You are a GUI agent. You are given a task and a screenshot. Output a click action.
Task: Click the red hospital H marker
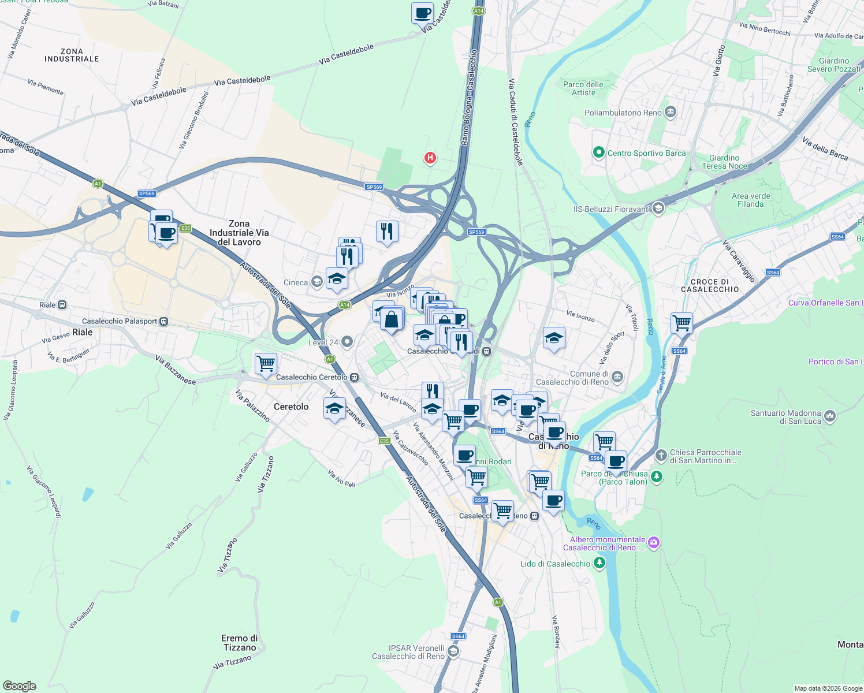(430, 158)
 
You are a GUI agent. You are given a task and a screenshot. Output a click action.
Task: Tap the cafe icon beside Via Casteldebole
(422, 13)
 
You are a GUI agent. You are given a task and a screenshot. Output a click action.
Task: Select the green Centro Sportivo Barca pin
(599, 153)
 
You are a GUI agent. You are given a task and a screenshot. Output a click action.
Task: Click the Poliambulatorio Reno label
(623, 113)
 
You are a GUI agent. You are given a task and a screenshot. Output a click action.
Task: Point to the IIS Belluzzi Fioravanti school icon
(658, 209)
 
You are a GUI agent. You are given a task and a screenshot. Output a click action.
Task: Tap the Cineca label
(296, 282)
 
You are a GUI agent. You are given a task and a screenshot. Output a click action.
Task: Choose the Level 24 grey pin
(347, 342)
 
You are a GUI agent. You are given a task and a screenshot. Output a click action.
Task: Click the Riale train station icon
(62, 305)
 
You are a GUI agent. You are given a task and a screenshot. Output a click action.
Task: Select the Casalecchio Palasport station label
(120, 321)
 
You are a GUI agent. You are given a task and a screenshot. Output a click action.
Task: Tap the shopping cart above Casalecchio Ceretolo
(266, 364)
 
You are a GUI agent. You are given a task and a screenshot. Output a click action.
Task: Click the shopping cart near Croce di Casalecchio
(681, 323)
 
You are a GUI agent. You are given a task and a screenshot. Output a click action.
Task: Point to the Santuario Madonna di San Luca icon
(830, 416)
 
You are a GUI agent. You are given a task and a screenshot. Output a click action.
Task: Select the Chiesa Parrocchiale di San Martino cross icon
(661, 456)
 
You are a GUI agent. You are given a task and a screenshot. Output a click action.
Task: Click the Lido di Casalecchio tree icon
(600, 563)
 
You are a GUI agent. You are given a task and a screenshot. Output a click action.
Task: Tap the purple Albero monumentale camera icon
(654, 542)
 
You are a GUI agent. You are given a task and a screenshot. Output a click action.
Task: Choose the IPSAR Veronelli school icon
(453, 651)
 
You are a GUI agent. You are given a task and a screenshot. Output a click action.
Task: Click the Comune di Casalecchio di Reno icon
(617, 377)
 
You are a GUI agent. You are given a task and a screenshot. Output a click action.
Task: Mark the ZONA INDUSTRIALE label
(72, 55)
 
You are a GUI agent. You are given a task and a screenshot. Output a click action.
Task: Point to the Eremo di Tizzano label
(240, 643)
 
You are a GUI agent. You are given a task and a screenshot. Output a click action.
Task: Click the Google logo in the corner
(20, 685)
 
